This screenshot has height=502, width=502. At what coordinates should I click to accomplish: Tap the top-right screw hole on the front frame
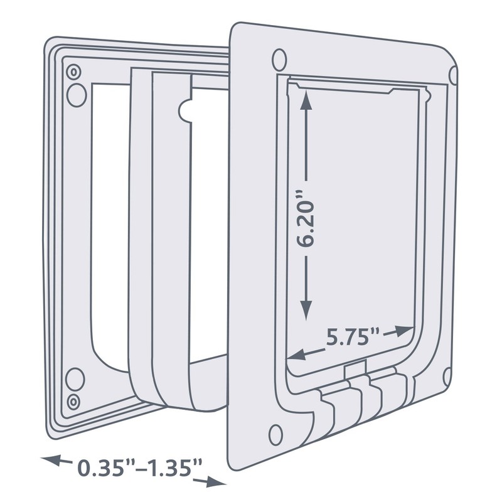point(454,75)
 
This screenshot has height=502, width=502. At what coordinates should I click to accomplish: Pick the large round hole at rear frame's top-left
point(75,94)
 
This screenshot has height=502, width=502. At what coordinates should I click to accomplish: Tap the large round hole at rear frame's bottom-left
point(75,378)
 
